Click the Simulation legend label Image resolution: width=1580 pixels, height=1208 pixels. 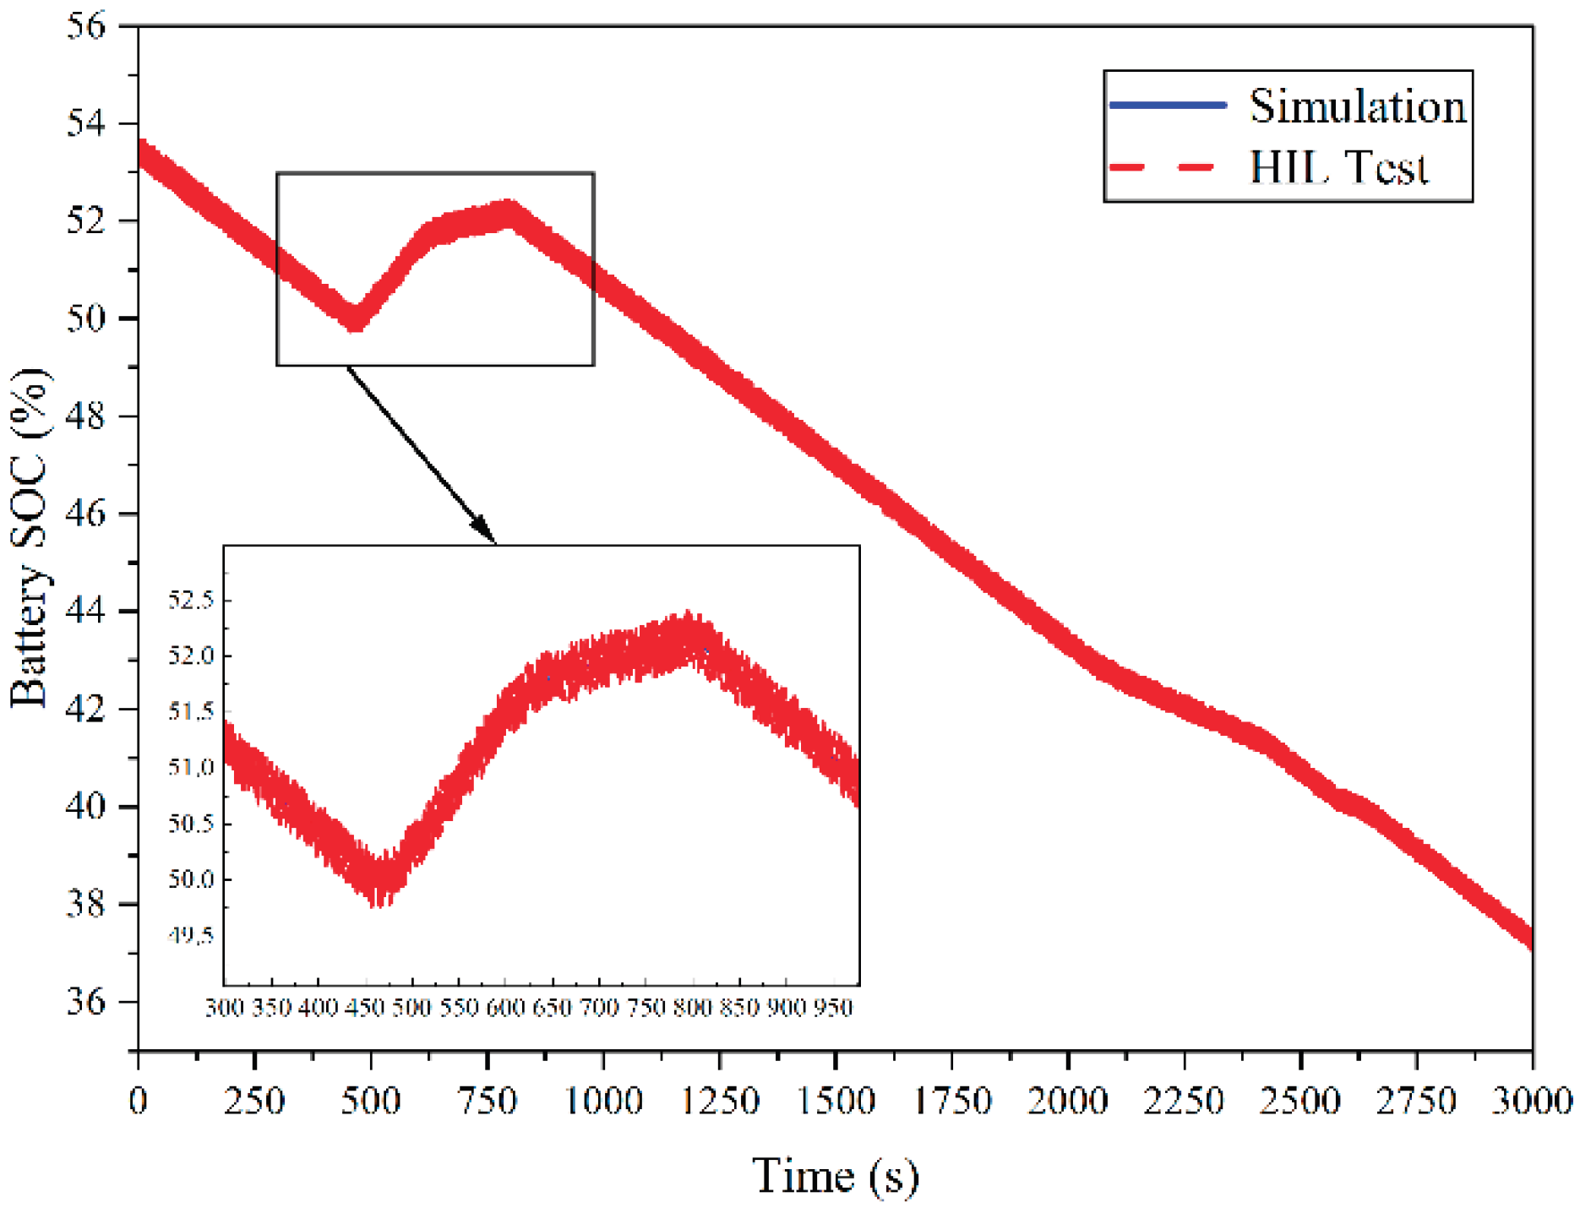click(1357, 106)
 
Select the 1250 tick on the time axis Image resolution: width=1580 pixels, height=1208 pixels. click(720, 1101)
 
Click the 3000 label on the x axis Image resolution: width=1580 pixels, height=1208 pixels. click(1531, 1101)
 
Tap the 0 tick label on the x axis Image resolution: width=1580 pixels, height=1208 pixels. click(138, 1101)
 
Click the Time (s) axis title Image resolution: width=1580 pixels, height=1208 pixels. click(835, 1176)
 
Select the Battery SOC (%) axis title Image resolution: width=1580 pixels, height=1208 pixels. click(30, 538)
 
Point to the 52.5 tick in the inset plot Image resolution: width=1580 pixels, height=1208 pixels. click(191, 601)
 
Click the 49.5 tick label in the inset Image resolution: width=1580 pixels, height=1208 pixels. click(191, 935)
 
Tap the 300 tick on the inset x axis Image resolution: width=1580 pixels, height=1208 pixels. click(225, 1007)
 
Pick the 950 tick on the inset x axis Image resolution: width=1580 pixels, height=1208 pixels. click(833, 1007)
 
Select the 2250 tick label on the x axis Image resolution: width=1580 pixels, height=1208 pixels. click(1183, 1101)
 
